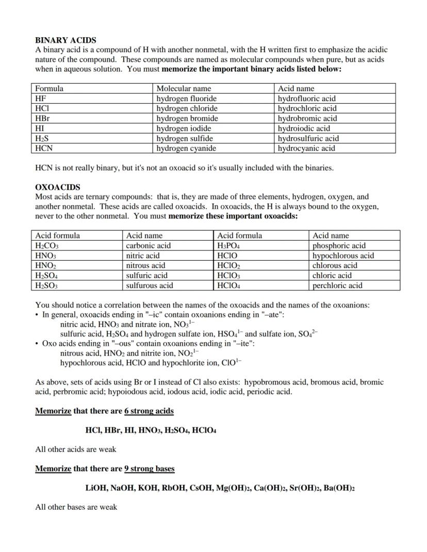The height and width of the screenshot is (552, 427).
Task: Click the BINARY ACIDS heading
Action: point(65,40)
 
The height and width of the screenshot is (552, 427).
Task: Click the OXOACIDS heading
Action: point(57,187)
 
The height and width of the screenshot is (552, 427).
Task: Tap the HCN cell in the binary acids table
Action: point(44,148)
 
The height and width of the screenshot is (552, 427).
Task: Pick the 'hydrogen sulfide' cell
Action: point(185,139)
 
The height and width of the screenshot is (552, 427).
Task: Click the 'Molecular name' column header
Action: point(184,89)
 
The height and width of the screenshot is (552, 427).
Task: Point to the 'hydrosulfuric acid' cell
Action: point(308,139)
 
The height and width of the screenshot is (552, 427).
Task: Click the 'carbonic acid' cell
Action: point(148,246)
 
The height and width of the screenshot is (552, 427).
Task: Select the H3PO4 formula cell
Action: point(228,246)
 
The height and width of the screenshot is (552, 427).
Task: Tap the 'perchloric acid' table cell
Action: point(337,286)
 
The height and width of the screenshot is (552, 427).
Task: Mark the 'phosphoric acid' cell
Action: point(339,246)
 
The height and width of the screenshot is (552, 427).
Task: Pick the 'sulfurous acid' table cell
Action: point(150,286)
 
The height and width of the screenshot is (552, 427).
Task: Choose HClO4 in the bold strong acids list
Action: point(204,430)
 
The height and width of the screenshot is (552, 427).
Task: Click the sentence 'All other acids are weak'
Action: point(76,449)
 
